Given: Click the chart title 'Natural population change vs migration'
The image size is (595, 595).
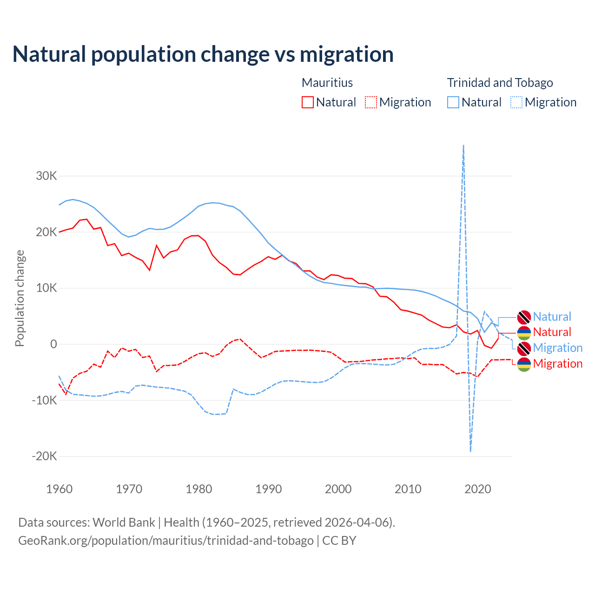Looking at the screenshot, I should [x=203, y=54].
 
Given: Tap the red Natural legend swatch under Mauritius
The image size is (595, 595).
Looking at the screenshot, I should [x=307, y=102].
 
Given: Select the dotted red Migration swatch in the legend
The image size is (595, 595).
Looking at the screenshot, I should [x=370, y=102].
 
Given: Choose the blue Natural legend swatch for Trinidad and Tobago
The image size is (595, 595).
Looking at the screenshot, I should [x=453, y=102].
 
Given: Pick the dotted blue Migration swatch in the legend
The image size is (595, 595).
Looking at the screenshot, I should [x=516, y=102].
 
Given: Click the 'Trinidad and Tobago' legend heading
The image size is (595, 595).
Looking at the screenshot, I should [x=500, y=83].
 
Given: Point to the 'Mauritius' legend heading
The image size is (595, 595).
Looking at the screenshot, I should [x=327, y=83].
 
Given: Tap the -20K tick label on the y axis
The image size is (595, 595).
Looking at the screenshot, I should [x=45, y=456].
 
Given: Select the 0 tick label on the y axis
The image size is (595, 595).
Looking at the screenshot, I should [x=53, y=344].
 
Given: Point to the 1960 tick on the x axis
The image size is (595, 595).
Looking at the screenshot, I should [x=59, y=489].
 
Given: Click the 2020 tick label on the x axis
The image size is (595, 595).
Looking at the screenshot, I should [x=478, y=489].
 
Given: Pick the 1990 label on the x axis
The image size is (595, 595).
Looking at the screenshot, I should [x=269, y=489].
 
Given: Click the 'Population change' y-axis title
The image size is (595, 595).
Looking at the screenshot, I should [x=20, y=298].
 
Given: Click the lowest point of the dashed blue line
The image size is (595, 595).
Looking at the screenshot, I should [x=470, y=450].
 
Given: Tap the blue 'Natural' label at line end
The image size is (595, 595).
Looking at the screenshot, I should [x=552, y=317].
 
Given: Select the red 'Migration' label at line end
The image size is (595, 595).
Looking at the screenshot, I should [x=557, y=364].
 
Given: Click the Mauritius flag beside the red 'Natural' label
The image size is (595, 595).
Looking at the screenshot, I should [x=524, y=333].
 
